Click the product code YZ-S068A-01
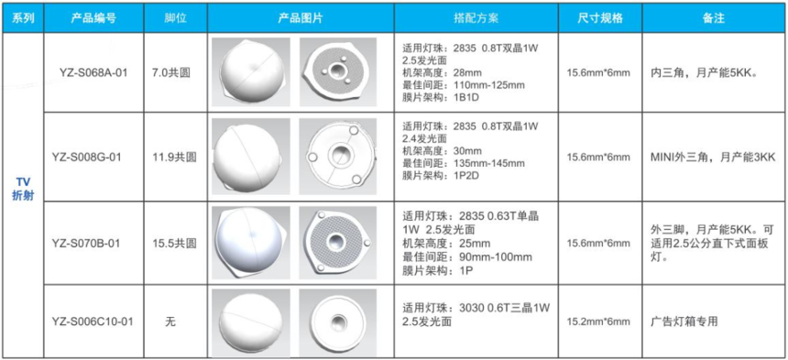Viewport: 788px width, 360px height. pos(93,72)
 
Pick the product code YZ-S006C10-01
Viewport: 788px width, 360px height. pos(93,322)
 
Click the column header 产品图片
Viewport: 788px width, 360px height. pos(301,18)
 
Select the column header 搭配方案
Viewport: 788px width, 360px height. pos(476,18)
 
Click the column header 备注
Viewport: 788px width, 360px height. pos(713,18)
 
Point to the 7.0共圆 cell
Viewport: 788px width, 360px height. pos(175,72)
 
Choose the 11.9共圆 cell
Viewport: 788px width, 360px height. pos(175,158)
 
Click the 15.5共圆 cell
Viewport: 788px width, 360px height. pos(175,243)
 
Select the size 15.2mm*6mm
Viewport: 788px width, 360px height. pos(598,322)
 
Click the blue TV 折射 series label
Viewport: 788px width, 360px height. pos(23,190)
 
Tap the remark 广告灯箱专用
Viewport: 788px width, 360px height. pos(684,322)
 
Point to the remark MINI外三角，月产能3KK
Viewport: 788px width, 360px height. pos(712,158)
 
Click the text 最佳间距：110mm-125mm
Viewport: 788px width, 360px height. pos(464,85)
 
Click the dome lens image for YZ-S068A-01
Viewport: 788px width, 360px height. pos(251,71)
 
